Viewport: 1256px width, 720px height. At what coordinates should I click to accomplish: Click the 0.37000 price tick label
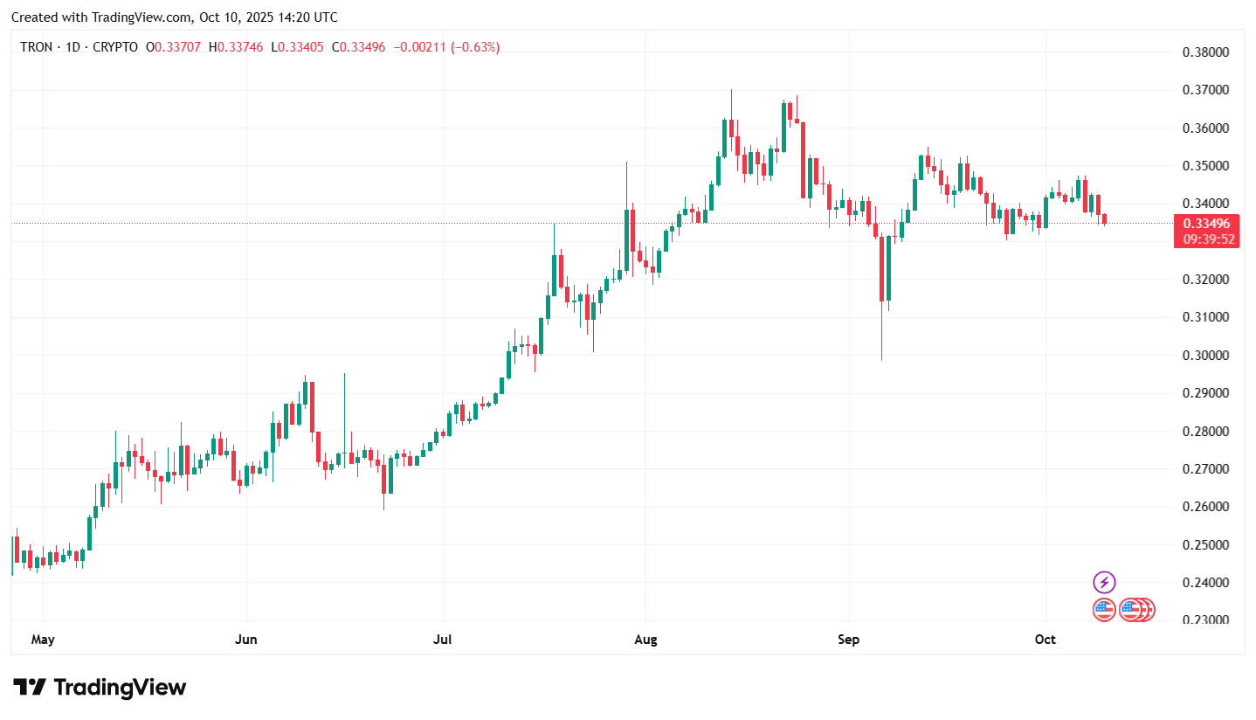coord(1204,90)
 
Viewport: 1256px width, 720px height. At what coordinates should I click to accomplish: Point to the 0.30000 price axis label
coord(1204,355)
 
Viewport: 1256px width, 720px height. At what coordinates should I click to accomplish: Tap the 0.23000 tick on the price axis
coord(1204,620)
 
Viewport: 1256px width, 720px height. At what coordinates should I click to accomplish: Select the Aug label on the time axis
coord(645,640)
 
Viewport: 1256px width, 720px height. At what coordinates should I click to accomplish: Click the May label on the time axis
coord(43,640)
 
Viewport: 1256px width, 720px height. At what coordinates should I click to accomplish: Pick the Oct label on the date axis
coord(1045,640)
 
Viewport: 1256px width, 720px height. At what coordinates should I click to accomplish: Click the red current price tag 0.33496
coord(1206,224)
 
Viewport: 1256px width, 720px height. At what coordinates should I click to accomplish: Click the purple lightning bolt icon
coord(1104,582)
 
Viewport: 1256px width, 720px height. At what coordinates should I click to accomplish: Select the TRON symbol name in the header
coord(38,47)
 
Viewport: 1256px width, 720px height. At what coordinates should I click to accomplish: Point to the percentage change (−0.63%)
coord(475,47)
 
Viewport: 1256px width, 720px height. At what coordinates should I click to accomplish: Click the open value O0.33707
coord(177,47)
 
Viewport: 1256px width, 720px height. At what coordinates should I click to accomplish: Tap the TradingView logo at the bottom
coord(100,688)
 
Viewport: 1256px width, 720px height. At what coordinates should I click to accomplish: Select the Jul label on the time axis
coord(442,640)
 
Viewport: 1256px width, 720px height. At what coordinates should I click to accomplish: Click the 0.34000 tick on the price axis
coord(1204,204)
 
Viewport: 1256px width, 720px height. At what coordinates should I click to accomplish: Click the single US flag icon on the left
coord(1104,610)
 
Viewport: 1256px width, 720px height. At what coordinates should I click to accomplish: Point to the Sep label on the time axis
coord(848,640)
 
